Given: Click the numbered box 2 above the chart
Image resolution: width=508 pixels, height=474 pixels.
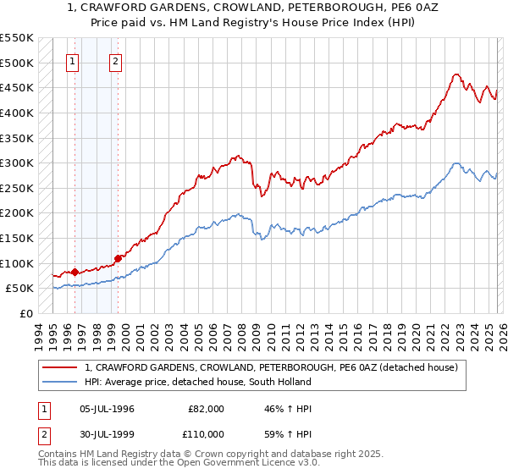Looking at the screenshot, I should coord(115,61).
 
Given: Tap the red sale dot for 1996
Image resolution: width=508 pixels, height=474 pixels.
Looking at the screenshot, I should coord(75,272).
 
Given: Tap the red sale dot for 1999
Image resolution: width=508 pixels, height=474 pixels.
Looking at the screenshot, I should coord(118,258).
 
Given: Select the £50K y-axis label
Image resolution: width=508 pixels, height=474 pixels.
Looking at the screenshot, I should coord(19,289).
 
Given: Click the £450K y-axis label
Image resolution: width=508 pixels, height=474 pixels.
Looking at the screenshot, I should coord(17,87).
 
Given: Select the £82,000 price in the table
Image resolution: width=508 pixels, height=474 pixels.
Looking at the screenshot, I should coord(206,408).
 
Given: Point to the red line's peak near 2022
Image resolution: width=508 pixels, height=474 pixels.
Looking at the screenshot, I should coord(456,74).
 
